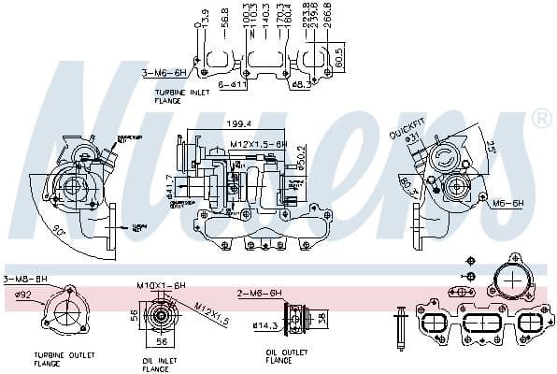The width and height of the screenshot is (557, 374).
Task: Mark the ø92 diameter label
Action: pyautogui.click(x=22, y=295)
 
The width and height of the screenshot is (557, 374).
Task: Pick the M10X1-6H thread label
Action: pyautogui.click(x=162, y=284)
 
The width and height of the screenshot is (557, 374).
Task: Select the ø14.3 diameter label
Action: pyautogui.click(x=266, y=324)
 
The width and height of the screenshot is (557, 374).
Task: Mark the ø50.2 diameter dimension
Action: pyautogui.click(x=301, y=154)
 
